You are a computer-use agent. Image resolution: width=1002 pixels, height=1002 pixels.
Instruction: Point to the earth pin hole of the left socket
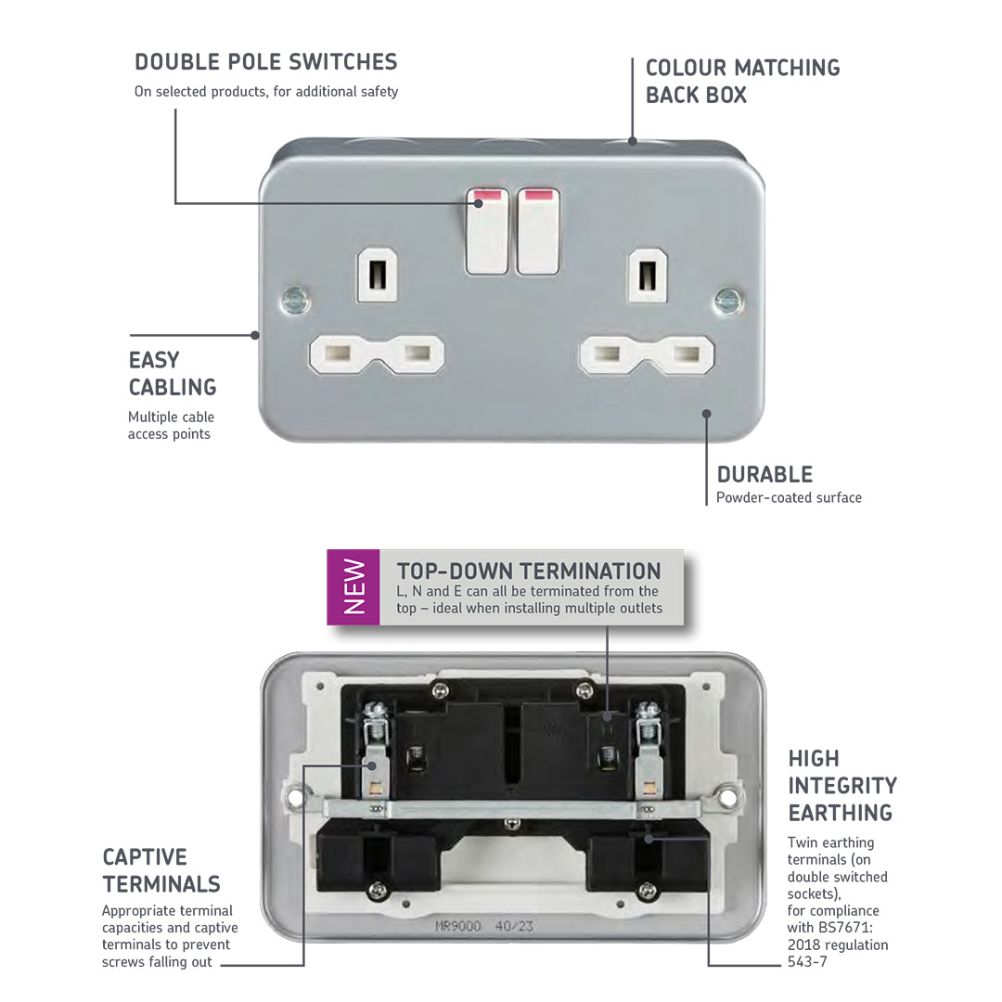378,274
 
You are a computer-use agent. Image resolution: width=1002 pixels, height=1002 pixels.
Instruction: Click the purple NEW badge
353,586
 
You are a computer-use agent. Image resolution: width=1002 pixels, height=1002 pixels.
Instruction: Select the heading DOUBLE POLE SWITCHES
265,62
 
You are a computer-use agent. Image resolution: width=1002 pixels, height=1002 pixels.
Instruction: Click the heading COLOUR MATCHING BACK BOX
742,81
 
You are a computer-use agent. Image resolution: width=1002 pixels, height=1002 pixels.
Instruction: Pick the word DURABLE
764,474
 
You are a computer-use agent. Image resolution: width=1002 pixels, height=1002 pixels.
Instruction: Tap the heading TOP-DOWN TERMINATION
529,571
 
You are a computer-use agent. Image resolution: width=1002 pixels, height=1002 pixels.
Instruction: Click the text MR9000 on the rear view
458,925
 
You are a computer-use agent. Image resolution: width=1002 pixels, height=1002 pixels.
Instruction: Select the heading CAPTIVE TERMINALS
161,870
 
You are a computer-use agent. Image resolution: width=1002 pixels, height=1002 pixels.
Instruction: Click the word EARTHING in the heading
840,813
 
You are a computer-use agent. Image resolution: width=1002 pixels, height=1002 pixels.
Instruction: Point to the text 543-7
807,962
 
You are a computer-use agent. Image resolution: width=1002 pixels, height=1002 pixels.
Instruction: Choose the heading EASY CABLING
173,373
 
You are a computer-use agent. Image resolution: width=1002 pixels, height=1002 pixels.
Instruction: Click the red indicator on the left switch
487,197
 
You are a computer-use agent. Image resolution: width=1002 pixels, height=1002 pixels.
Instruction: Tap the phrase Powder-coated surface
789,497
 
